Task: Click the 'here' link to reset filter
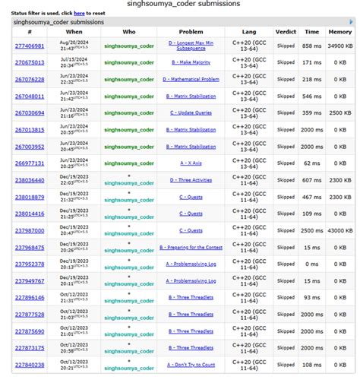[78, 13]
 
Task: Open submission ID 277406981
[29, 46]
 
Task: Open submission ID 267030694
[29, 113]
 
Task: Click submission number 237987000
[29, 230]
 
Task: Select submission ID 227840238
[29, 364]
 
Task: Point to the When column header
[74, 31]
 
